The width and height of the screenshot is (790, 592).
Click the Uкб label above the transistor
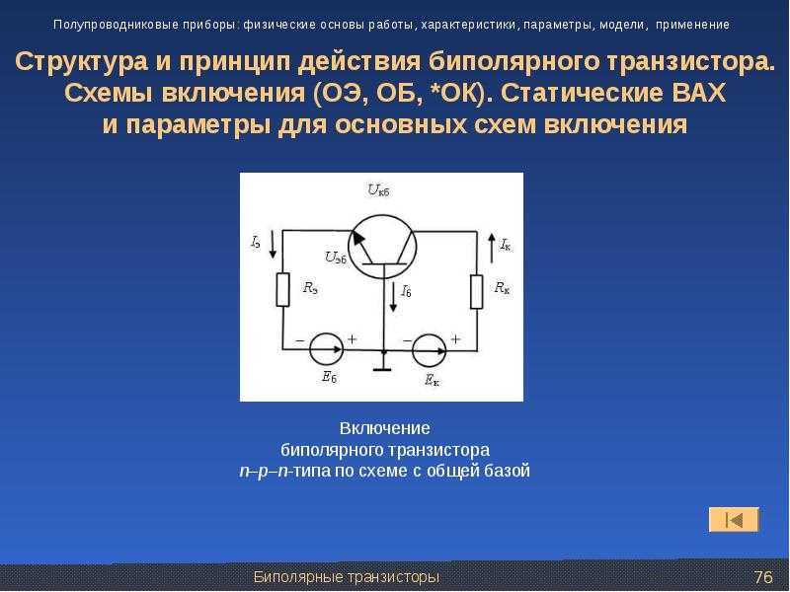tap(378, 190)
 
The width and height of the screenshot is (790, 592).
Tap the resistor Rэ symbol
tap(283, 289)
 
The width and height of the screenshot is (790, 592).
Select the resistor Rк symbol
tap(477, 291)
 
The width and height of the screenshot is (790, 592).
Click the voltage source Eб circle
tap(326, 349)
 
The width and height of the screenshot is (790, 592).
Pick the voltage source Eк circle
tap(430, 350)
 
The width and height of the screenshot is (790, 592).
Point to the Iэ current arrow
tap(273, 244)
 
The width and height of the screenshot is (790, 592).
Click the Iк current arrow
tap(492, 249)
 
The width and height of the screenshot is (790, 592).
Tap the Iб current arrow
tap(393, 298)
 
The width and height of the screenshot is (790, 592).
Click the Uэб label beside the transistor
tap(336, 258)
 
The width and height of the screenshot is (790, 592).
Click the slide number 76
tap(763, 577)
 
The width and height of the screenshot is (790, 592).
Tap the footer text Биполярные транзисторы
tap(347, 577)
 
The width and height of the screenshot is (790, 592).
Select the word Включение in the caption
tap(385, 428)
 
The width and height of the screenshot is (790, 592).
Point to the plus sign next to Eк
tap(455, 339)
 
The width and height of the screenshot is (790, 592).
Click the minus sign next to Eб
tap(300, 340)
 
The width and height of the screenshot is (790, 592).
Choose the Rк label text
tap(502, 287)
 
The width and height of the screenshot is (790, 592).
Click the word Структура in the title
tap(82, 62)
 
